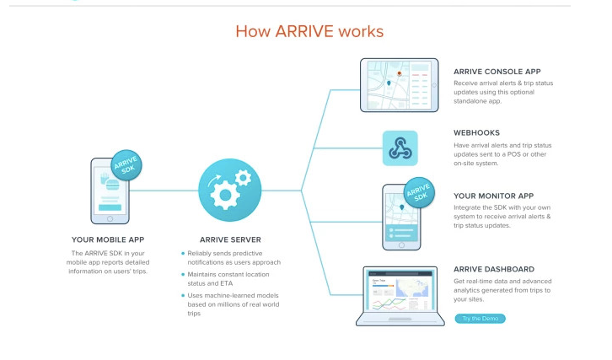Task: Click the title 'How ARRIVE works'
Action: tap(309, 32)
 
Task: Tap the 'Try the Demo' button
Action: tap(480, 319)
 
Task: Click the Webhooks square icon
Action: tap(400, 148)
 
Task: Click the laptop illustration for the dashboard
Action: tap(400, 296)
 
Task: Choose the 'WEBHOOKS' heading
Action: tap(476, 133)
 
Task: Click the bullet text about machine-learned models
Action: tap(231, 301)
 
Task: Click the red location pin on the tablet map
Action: tap(399, 74)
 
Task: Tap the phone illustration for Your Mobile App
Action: tap(110, 191)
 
